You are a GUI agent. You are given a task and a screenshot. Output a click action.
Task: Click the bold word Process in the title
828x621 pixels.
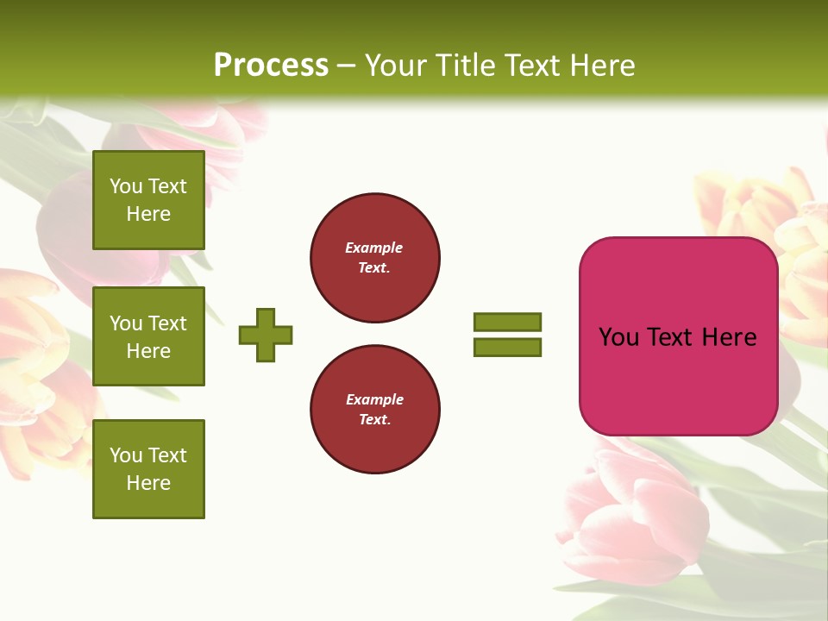coord(271,66)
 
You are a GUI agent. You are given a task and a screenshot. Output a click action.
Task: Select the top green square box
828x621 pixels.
coord(148,200)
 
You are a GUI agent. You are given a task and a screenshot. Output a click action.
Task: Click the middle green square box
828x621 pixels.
coord(148,336)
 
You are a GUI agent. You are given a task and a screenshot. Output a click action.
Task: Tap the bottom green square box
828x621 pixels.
coord(148,469)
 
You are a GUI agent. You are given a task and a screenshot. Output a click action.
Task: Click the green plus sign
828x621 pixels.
coord(266,335)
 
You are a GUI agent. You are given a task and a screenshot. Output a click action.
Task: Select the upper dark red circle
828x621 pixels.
coord(375,258)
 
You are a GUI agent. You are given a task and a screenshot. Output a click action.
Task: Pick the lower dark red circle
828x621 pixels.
coord(375,410)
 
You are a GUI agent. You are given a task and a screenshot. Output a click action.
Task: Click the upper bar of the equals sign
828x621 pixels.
coord(507,322)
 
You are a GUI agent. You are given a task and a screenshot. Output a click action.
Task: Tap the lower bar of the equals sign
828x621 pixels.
coord(507,348)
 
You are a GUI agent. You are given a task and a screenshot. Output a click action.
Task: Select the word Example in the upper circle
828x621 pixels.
coord(374,248)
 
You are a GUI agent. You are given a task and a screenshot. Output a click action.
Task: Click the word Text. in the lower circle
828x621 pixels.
coord(374,420)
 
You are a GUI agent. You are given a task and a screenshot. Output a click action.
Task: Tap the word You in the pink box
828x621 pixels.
coord(619,337)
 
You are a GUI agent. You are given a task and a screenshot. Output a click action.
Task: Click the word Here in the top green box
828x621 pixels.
coord(148,214)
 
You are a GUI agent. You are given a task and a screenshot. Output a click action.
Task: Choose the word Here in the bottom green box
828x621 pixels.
coord(148,483)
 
